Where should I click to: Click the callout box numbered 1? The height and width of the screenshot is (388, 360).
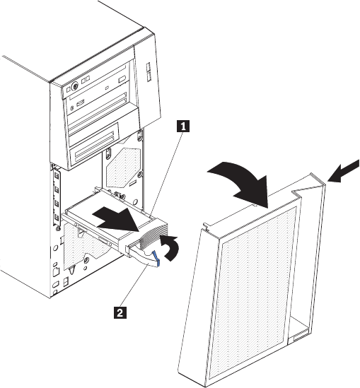pyautogui.click(x=183, y=127)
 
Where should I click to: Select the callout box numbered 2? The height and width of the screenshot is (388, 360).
pyautogui.click(x=120, y=312)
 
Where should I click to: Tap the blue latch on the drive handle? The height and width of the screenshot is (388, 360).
pyautogui.click(x=156, y=259)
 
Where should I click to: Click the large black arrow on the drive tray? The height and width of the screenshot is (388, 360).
pyautogui.click(x=116, y=220)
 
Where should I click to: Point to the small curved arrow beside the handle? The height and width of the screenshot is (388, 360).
pyautogui.click(x=171, y=247)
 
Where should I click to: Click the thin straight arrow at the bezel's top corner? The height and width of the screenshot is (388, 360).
pyautogui.click(x=343, y=171)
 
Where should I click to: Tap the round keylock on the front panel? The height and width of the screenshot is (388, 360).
pyautogui.click(x=74, y=86)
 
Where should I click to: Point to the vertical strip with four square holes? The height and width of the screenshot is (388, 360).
pyautogui.click(x=57, y=196)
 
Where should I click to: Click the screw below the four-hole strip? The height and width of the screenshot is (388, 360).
pyautogui.click(x=57, y=228)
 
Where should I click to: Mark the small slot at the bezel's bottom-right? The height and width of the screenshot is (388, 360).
pyautogui.click(x=299, y=339)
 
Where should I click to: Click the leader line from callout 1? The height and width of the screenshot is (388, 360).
pyautogui.click(x=167, y=175)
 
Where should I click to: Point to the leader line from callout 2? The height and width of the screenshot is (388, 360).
pyautogui.click(x=134, y=286)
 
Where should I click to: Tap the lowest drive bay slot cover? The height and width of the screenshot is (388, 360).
pyautogui.click(x=95, y=153)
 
